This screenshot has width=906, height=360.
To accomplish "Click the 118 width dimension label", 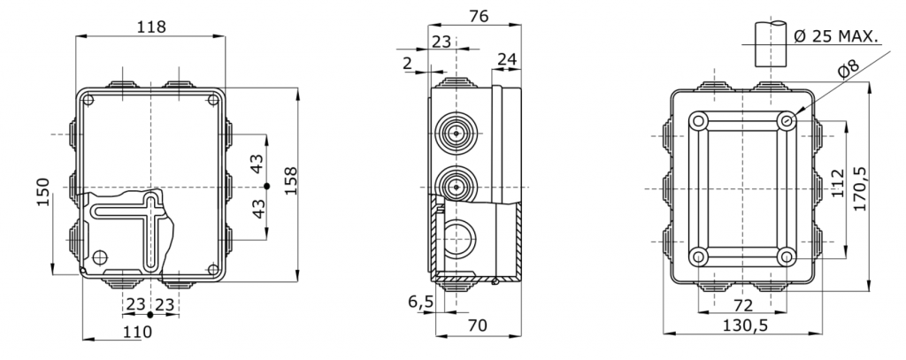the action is pos(151,27).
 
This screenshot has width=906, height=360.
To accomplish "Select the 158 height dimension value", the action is pos(290,180).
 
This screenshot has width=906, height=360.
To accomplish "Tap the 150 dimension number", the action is pos(44,192).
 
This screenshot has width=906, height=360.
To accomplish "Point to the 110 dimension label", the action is pos(137,332).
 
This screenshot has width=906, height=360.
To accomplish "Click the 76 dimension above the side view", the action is pos(479,16).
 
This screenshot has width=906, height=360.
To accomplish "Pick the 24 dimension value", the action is pos(507,59).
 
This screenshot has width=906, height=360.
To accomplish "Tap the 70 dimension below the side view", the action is pos(477,326).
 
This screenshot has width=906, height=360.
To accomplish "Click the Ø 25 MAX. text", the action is pos(836,37).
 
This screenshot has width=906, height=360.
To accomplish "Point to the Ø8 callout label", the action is pos(848,70).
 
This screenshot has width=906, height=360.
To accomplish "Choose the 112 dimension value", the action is pos(838,183).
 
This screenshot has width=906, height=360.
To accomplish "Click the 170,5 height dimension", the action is pos(860,188).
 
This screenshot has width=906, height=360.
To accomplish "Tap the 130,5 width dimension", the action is pos(745,326).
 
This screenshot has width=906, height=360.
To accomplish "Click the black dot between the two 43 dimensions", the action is pos(266,186).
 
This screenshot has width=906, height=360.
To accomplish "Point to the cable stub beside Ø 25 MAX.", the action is pos(771,44).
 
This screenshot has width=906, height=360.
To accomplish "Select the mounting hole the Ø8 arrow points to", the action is pos(786,121).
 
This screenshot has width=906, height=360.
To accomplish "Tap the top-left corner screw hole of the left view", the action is pos(88,101).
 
